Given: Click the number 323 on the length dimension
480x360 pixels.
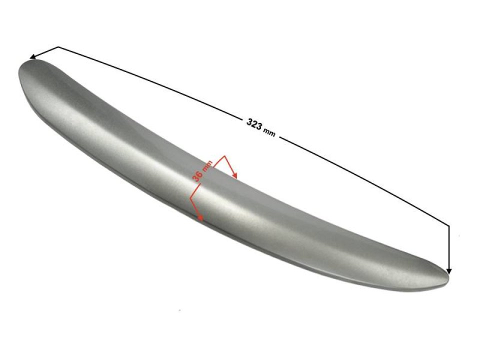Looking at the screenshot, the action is point(254,123).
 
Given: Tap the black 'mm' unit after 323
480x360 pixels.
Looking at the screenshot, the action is point(269,132).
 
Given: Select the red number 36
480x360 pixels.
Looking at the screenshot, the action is point(198,175).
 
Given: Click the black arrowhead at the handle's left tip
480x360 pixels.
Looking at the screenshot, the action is point(32,57).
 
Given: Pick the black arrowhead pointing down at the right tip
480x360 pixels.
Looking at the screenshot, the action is point(449,271).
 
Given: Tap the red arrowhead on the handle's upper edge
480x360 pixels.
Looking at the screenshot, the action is point(235,175).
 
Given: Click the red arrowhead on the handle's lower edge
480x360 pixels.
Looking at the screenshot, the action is point(200,217).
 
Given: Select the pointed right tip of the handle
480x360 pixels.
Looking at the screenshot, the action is point(447,277).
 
